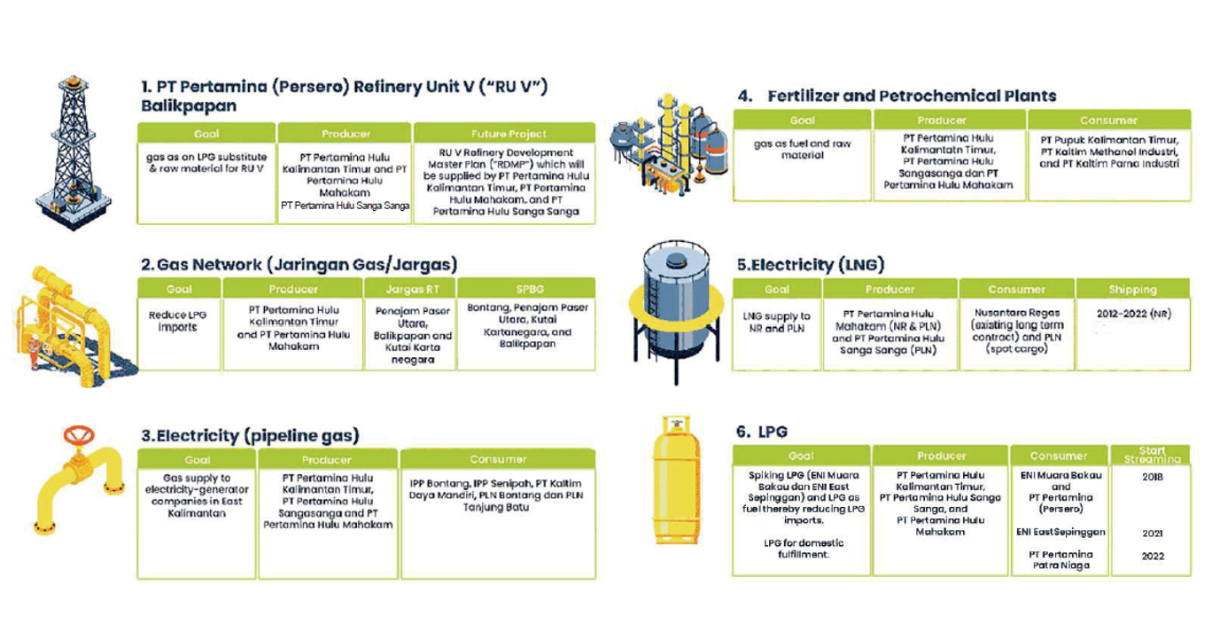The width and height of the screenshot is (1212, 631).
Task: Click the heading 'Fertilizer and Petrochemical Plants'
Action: coord(912,96)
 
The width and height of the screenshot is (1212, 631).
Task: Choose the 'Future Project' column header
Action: coord(504,134)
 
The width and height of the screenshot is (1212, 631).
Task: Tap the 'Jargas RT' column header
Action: coord(409,289)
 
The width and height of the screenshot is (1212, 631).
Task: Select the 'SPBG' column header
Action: coord(525,289)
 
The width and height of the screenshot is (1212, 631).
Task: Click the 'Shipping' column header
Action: coord(1132,289)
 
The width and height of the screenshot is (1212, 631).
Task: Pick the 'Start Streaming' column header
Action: coord(1152,455)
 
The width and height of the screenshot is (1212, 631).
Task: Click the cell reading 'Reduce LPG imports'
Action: coord(179,321)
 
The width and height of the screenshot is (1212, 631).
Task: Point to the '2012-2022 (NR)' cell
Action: coord(1133,314)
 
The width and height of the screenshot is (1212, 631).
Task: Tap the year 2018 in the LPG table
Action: coord(1152,477)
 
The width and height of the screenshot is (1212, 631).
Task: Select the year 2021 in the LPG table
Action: coord(1152,533)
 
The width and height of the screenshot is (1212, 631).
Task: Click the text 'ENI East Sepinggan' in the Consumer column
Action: coord(1060,533)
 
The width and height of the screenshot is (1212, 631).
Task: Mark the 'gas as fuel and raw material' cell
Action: coord(802,149)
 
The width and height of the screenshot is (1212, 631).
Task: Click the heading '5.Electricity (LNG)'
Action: coord(810,264)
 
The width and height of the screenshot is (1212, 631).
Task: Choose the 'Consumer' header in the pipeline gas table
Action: coord(498,459)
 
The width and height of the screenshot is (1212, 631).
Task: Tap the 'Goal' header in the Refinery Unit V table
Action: coord(206,134)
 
